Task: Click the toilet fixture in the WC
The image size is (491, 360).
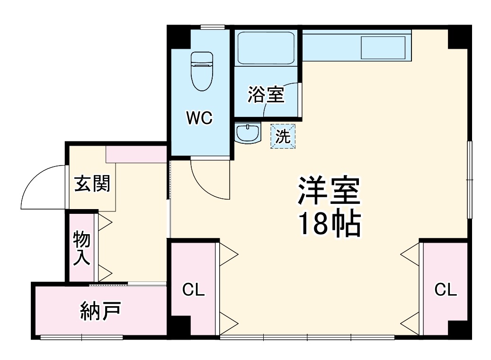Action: point(202,71)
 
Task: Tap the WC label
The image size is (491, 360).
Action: point(199,118)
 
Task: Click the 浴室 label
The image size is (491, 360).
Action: point(266,95)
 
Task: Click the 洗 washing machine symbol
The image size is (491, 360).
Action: point(283,136)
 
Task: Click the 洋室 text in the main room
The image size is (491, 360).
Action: point(329,191)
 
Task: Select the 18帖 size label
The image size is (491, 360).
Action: point(329,224)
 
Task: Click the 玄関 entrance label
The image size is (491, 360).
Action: point(92,183)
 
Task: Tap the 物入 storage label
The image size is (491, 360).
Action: point(81,248)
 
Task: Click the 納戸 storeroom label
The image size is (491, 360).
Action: point(100,311)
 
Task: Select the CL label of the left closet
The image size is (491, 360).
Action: point(194,290)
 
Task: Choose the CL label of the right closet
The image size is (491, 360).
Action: point(446,290)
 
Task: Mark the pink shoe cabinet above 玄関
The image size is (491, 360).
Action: point(136,154)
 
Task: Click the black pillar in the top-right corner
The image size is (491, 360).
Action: point(459,37)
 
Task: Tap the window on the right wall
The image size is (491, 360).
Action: point(469,180)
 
